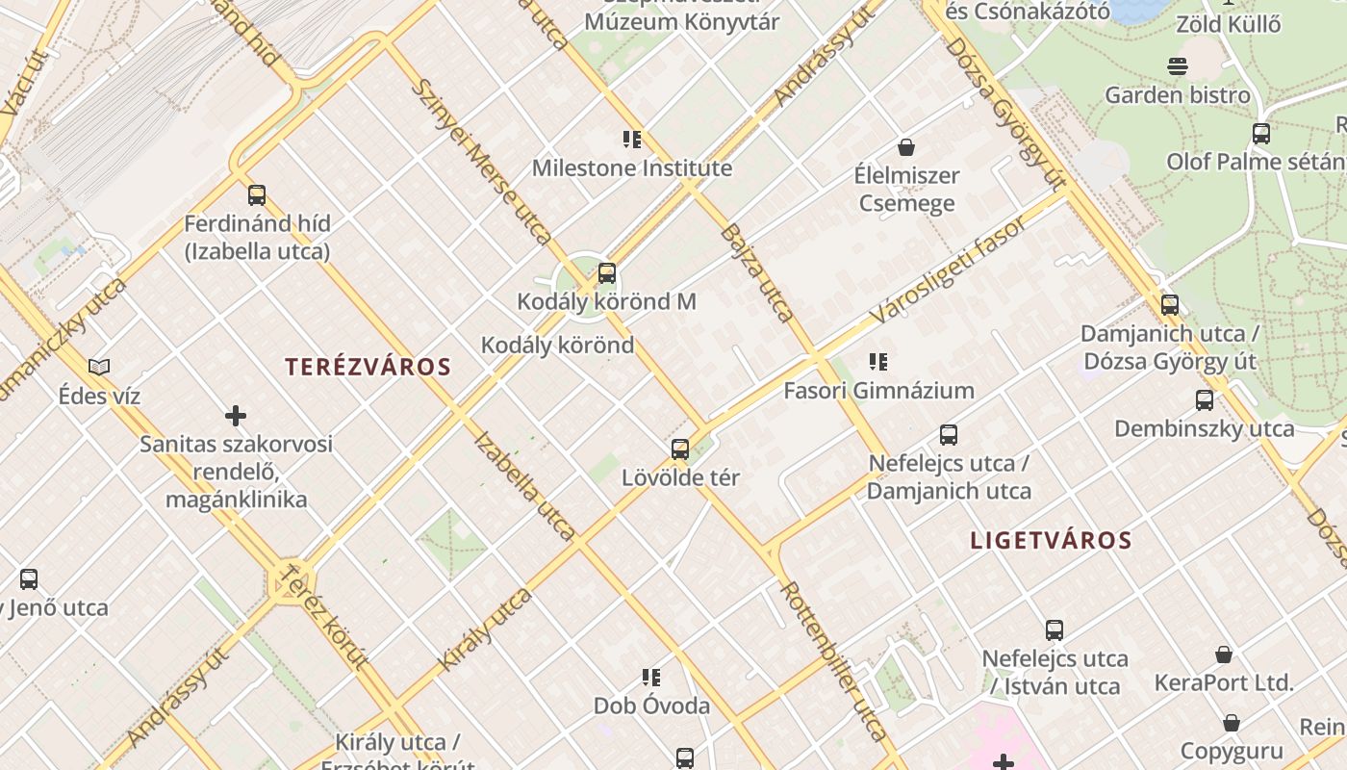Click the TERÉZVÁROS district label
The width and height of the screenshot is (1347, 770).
[368, 367]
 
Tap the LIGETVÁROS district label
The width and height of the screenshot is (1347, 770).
[1051, 540]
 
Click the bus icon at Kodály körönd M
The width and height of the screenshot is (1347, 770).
[607, 273]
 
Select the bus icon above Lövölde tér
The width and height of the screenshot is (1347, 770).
[680, 449]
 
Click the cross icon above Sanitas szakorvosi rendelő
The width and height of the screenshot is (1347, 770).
[236, 416]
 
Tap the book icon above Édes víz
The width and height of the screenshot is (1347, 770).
[99, 367]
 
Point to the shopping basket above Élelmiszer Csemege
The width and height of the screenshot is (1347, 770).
[905, 147]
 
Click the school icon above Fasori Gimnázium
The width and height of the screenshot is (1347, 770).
[877, 362]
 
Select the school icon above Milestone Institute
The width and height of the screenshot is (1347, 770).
[632, 140]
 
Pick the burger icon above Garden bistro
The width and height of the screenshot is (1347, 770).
[1178, 66]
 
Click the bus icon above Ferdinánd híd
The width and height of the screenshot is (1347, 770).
[257, 195]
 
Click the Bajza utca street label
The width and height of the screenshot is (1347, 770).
[756, 272]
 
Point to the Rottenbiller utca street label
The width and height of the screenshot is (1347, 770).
[833, 659]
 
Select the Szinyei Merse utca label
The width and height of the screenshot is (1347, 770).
[480, 161]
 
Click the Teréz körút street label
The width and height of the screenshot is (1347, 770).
[322, 616]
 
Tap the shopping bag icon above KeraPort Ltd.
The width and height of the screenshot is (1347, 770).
[1224, 654]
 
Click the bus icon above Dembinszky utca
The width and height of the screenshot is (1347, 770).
[1205, 400]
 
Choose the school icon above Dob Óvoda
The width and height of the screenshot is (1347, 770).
[651, 678]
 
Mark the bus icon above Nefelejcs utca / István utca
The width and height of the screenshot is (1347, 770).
[1055, 630]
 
